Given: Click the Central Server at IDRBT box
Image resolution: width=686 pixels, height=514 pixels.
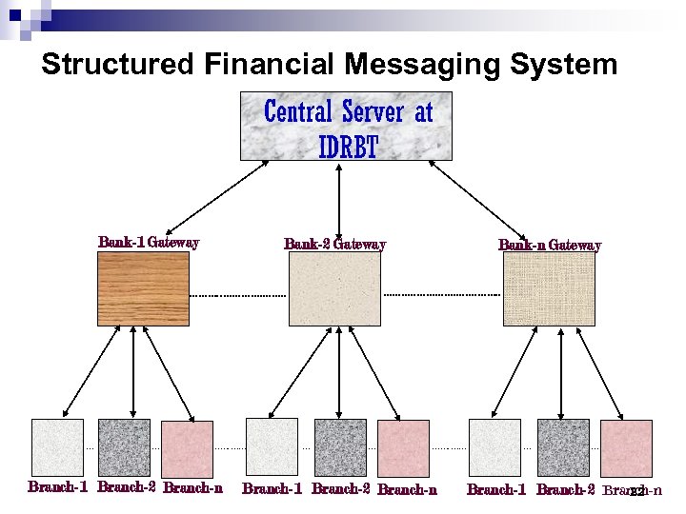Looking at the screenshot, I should point(346,126).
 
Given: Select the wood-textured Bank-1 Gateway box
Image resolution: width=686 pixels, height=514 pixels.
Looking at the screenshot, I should point(143,288).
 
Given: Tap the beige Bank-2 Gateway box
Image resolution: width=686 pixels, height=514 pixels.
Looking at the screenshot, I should point(334,288).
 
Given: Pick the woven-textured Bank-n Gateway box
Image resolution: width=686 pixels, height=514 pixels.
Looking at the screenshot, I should point(548,288).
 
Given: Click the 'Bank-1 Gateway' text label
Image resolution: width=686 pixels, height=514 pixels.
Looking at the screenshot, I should point(149,243).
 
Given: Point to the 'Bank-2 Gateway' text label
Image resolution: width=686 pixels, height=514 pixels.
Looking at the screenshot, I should point(334,245).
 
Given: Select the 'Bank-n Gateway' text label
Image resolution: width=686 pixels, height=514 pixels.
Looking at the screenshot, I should point(550,246).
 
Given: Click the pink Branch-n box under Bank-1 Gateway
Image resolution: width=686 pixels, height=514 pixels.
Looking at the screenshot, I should point(187,447).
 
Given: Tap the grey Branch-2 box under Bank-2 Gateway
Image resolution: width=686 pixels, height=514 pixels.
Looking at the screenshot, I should point(340,447).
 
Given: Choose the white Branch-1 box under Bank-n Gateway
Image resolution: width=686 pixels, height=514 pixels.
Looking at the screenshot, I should point(494,447).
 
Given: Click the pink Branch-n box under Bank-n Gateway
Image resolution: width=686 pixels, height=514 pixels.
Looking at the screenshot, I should point(626,447).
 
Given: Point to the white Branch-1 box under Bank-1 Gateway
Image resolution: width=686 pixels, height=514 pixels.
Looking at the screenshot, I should point(57,447).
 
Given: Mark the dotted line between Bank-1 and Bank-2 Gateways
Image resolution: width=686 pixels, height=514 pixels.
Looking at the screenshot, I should point(238,296).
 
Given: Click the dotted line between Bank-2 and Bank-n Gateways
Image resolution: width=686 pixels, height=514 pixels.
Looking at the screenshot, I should point(441,295).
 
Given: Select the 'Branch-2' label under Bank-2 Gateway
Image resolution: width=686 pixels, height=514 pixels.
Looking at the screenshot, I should point(341,490).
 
